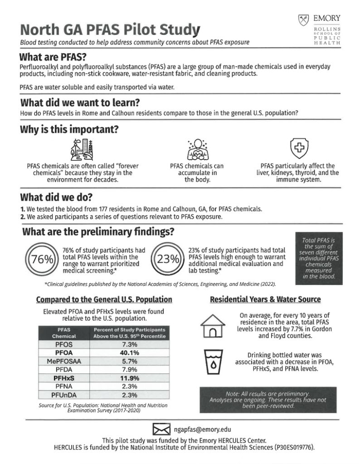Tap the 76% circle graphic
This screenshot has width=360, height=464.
(42, 260)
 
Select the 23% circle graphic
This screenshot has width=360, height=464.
(168, 260)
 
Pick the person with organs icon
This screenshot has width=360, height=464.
(197, 149)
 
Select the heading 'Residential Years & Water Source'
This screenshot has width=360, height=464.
(265, 300)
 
